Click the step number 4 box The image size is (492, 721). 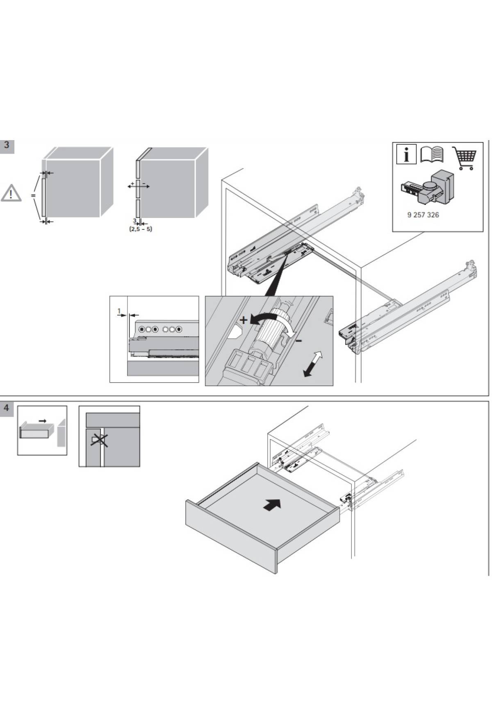tap(7, 408)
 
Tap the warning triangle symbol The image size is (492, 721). tap(11, 193)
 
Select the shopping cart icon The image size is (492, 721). tap(465, 158)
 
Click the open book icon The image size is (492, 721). tap(432, 155)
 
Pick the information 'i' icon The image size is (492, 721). tap(406, 155)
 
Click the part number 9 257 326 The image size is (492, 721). tap(423, 215)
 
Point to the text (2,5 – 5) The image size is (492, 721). tap(140, 229)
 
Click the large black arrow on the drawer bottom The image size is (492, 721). tap(272, 506)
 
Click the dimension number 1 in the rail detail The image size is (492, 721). tap(119, 311)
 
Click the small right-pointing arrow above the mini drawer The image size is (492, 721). tap(42, 420)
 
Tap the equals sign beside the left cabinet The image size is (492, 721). tap(33, 196)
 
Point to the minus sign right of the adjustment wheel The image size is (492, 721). tap(299, 340)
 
